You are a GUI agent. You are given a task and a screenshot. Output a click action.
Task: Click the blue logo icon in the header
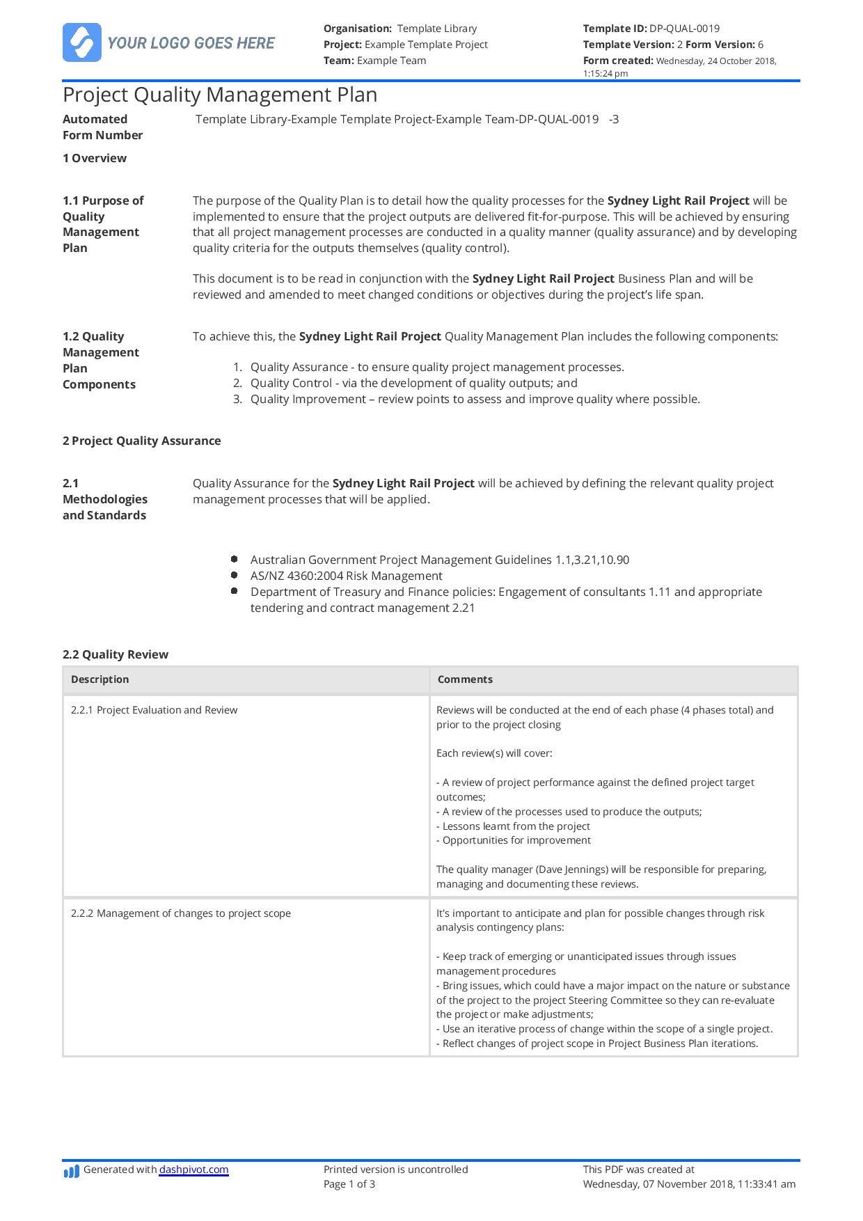81,42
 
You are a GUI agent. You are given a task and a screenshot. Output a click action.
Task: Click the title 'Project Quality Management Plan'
220,95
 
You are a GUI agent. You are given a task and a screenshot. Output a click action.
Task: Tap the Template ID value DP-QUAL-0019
684,29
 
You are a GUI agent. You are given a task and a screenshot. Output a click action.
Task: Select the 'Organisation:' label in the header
358,29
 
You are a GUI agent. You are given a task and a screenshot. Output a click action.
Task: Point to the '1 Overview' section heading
95,158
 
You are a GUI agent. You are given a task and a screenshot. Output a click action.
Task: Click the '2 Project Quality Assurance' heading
142,441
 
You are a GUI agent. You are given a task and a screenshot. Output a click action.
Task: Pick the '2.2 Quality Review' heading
116,654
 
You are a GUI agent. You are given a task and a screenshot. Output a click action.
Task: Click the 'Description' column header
100,679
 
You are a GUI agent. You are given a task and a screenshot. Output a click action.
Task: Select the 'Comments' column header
465,679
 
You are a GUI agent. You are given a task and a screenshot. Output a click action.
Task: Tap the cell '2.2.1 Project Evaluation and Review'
155,710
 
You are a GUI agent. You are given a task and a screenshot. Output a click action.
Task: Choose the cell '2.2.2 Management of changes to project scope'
181,913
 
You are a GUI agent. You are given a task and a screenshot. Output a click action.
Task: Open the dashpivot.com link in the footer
193,1169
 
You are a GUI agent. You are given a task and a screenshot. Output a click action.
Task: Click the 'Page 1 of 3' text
349,1184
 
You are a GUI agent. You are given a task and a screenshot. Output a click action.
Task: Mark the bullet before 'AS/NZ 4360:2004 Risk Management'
235,575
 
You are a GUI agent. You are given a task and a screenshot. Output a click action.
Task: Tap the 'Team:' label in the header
338,61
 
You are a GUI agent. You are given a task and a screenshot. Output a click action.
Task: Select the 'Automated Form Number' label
103,127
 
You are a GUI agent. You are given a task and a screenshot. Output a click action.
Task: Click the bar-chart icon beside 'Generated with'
72,1172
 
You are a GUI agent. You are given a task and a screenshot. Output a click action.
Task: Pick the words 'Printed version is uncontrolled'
396,1169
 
